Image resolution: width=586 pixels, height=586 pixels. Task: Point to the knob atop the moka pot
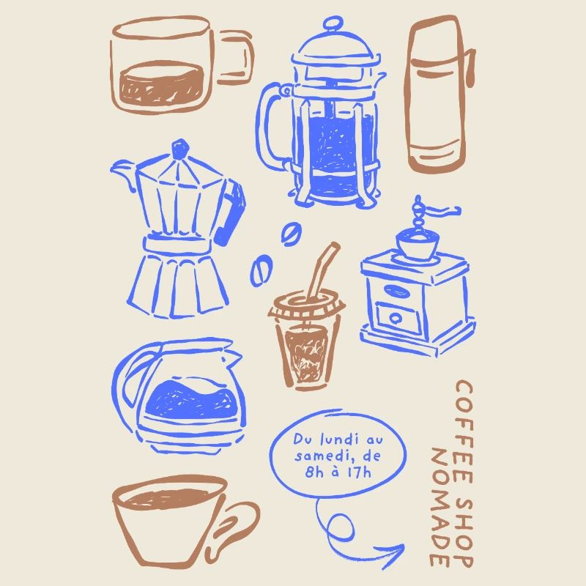tap(177, 149)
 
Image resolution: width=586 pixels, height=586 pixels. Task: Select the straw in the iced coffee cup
tap(320, 271)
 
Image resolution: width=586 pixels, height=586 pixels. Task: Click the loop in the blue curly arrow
tap(338, 526)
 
